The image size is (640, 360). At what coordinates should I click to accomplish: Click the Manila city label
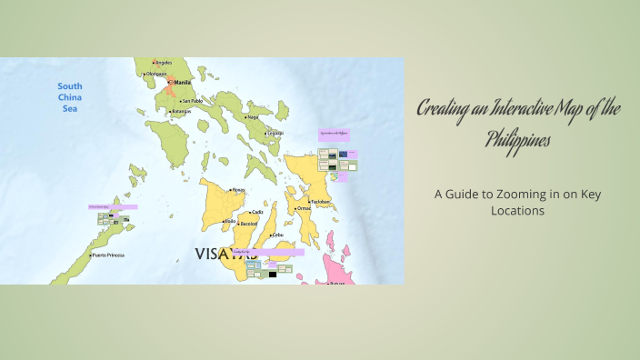tap(183, 81)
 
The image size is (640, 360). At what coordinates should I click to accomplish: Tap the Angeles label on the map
tap(164, 63)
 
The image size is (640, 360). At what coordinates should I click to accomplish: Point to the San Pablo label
tap(192, 101)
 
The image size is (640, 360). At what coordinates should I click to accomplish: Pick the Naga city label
tap(254, 116)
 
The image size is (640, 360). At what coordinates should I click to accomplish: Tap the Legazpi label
tap(275, 134)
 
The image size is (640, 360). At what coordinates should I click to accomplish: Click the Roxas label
tap(239, 190)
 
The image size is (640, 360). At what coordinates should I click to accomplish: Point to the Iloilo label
tap(230, 221)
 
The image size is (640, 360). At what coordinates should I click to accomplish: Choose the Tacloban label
tap(320, 202)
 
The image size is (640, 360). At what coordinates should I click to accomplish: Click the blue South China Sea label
tap(70, 97)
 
